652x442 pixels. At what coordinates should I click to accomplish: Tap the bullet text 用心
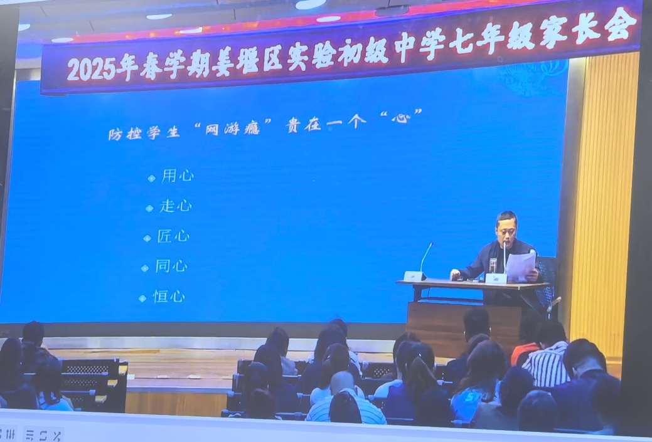pyautogui.click(x=178, y=176)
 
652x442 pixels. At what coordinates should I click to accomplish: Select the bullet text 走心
pyautogui.click(x=176, y=206)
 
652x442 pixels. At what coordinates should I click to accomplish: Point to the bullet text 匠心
pyautogui.click(x=173, y=236)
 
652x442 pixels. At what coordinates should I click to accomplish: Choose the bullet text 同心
pyautogui.click(x=171, y=266)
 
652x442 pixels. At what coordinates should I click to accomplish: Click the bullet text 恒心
pyautogui.click(x=169, y=297)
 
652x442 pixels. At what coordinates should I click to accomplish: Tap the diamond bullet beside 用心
pyautogui.click(x=151, y=178)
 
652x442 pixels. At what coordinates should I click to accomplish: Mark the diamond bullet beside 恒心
pyautogui.click(x=142, y=298)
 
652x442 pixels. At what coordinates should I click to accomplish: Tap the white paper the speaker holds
pyautogui.click(x=520, y=266)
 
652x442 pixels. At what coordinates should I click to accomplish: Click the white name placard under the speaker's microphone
pyautogui.click(x=496, y=278)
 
